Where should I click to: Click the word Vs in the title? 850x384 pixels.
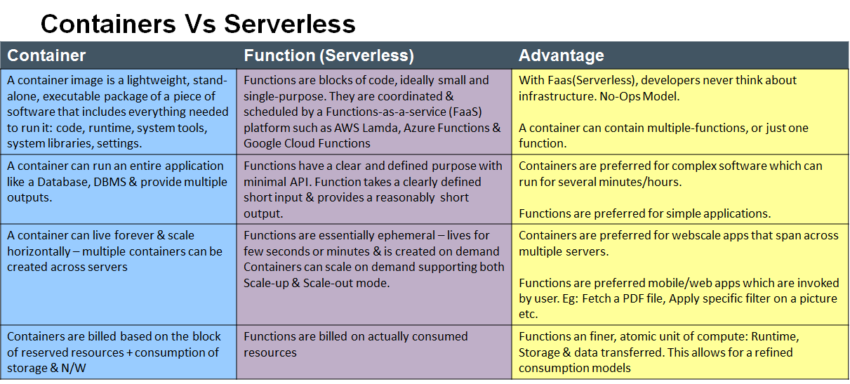tap(200, 24)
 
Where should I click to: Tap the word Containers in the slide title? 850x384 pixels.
tap(108, 24)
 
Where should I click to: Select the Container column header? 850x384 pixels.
tap(46, 55)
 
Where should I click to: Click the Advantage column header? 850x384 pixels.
tap(562, 55)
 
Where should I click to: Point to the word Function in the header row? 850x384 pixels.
tap(279, 55)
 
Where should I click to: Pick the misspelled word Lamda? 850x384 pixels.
tap(381, 128)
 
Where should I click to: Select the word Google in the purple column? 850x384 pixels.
tap(263, 143)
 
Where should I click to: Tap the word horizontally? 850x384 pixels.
tap(39, 251)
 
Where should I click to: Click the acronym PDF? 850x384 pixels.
tap(633, 298)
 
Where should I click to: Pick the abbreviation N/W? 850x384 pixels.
tap(73, 368)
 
